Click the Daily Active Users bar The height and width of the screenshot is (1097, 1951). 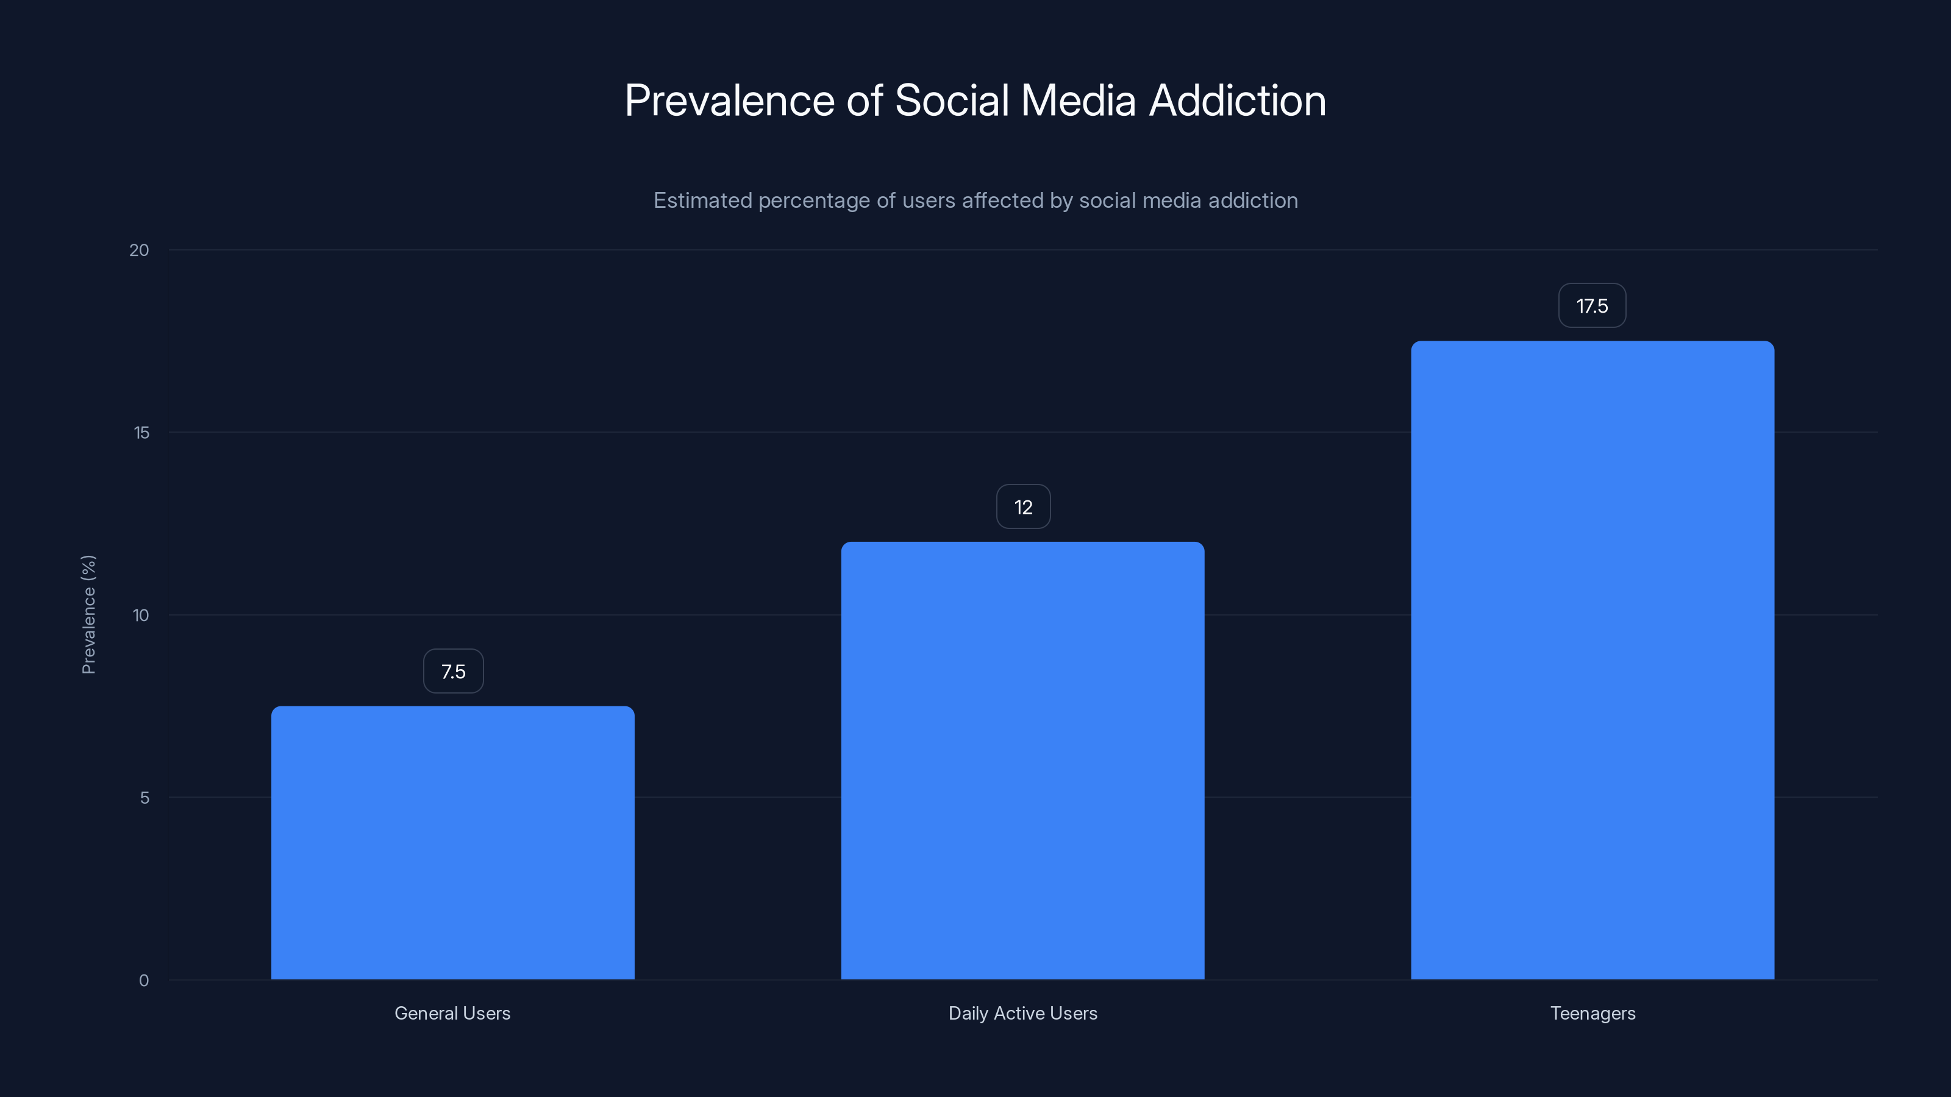coord(1022,760)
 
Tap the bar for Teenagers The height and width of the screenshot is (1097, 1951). coord(1592,659)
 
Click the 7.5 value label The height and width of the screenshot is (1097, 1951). coord(453,672)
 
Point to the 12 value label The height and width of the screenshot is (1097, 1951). coord(1023,507)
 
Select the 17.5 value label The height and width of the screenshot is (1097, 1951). coord(1592,306)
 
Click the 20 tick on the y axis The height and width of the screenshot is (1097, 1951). coord(140,250)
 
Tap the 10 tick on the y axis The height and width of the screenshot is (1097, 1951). coord(141,616)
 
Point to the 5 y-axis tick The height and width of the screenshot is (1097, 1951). coord(144,798)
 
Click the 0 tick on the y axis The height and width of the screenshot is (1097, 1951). coord(144,981)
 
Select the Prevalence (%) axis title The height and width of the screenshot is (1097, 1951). coord(88,614)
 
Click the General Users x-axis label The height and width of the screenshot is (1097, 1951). coord(452,1013)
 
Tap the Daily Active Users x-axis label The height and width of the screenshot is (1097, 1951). coord(1022,1013)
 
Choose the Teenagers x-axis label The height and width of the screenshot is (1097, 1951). coord(1593,1013)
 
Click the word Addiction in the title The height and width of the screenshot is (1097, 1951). coord(1238,101)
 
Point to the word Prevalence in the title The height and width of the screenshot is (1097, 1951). coord(729,101)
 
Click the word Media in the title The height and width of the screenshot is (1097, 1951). coord(1079,101)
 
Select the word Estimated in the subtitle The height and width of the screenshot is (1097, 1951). coord(702,201)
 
